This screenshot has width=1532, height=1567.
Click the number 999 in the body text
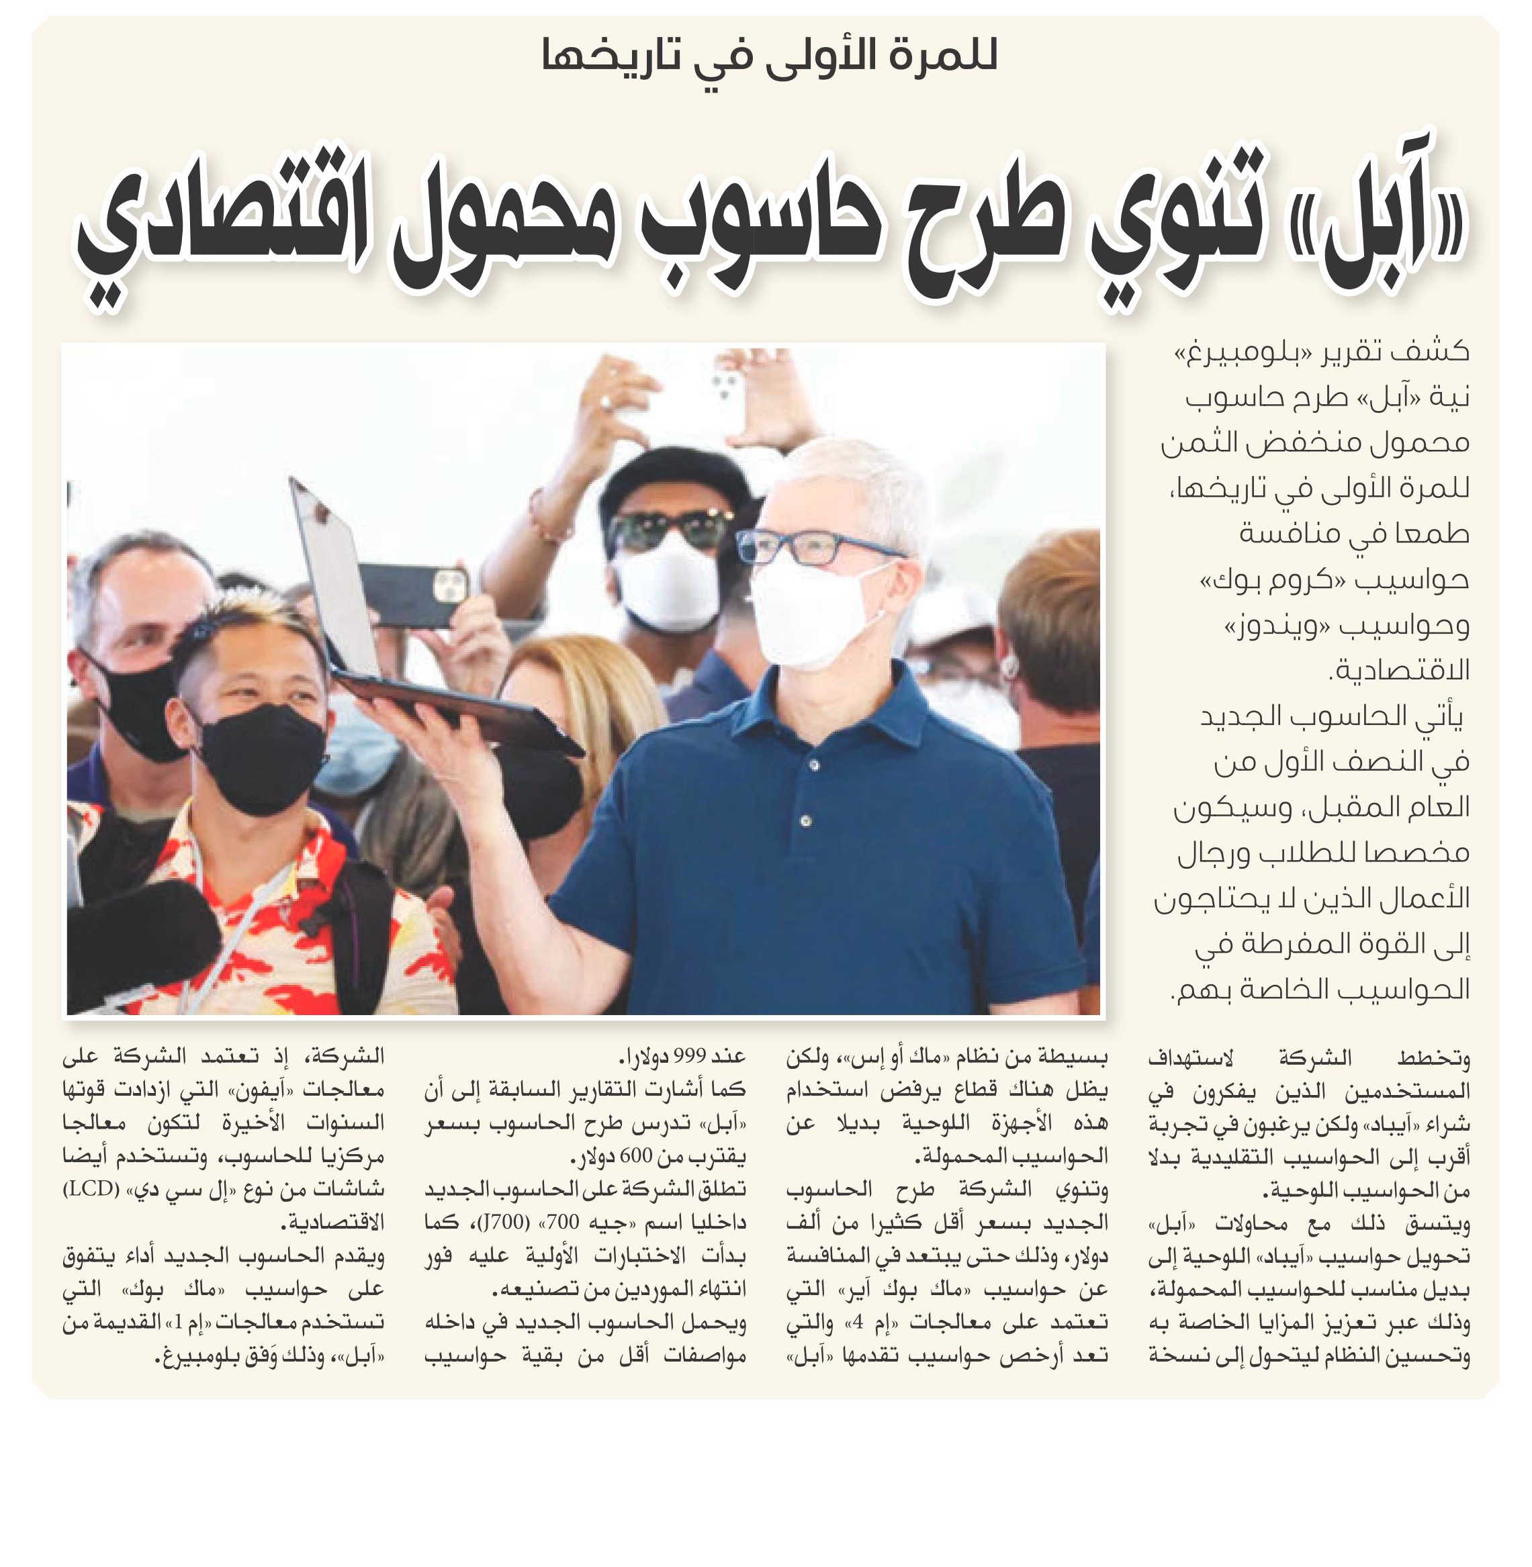(x=688, y=1056)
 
